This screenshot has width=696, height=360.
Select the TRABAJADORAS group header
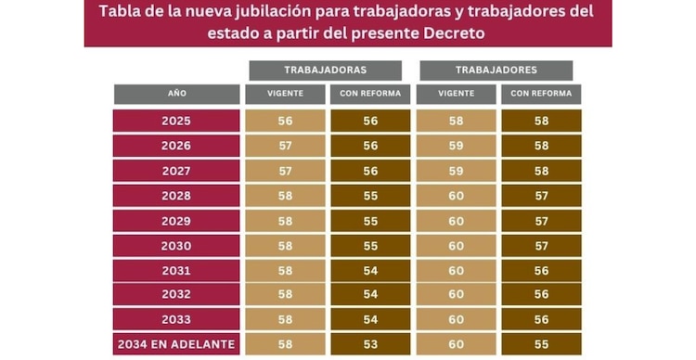[x=325, y=71]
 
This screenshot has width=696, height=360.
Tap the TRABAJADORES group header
[x=496, y=71]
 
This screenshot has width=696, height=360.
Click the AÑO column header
[x=177, y=95]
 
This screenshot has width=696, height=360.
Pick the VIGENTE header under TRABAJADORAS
[x=283, y=95]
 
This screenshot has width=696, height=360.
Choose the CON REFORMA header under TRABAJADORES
[x=541, y=95]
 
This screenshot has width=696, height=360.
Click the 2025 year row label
[x=176, y=122]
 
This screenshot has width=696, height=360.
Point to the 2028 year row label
[x=176, y=196]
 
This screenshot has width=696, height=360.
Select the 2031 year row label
[x=176, y=271]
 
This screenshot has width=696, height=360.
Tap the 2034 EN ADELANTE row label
[x=176, y=345]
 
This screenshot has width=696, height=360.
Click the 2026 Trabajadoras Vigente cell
[x=285, y=147]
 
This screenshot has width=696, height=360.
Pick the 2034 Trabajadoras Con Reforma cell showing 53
[x=369, y=345]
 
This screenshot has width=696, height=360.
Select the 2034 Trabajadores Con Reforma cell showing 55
[x=541, y=345]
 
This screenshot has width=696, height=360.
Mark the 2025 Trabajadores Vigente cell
[x=456, y=122]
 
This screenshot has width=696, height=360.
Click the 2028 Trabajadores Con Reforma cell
[x=541, y=196]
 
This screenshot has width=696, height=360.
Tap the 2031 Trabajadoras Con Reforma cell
[x=369, y=271]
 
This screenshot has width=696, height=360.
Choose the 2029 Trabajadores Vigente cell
[x=456, y=221]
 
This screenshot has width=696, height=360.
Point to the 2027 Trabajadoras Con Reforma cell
[x=369, y=172]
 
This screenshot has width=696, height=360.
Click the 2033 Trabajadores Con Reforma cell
[x=541, y=320]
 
